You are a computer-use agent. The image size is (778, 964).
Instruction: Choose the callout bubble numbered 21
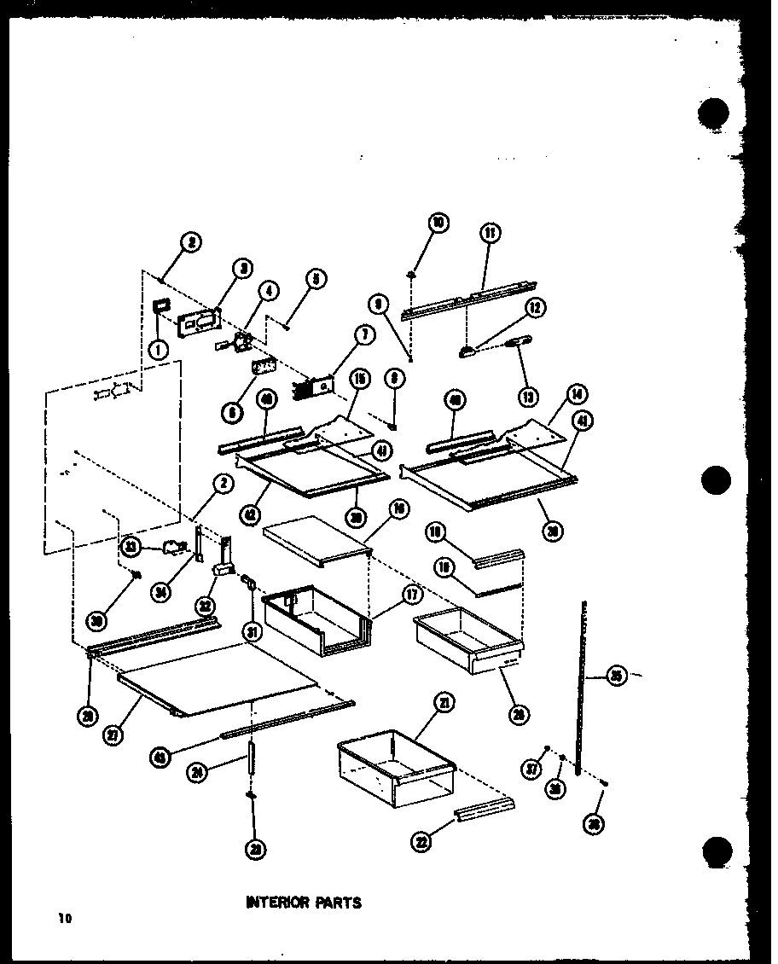click(443, 703)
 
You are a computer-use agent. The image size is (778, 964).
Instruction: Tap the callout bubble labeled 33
click(131, 546)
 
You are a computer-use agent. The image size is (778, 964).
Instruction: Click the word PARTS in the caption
click(339, 902)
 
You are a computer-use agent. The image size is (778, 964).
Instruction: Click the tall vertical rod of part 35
click(582, 682)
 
